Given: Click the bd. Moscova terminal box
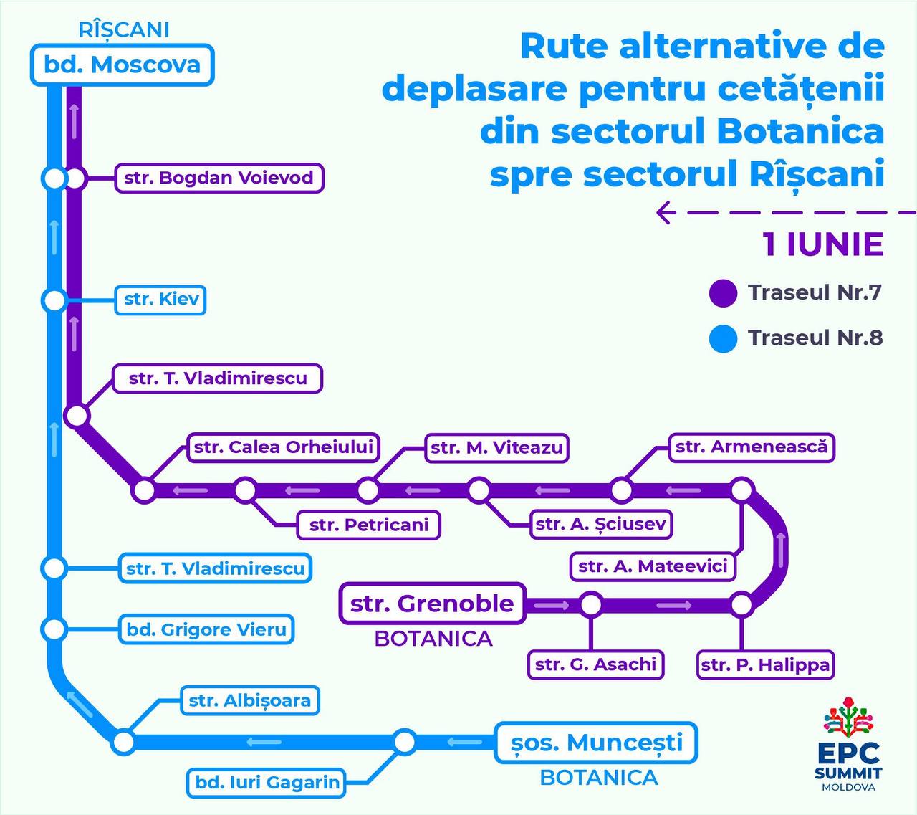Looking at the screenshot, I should tap(122, 65).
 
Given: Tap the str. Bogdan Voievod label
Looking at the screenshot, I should tap(219, 178).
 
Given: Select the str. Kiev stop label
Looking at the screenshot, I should tap(161, 299).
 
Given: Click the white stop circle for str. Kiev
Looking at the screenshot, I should tap(54, 300).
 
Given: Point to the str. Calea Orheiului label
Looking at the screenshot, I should tap(284, 447).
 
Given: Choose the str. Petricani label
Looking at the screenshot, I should tap(369, 525).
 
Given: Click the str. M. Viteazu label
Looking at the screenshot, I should tap(496, 448).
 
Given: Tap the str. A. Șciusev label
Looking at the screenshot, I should tap(601, 524).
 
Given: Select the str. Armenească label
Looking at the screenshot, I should tap(752, 447).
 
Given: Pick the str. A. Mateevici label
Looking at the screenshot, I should tap(653, 566).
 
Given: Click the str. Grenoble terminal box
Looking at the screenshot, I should tap(432, 604).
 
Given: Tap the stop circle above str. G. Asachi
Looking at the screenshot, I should tap(591, 604).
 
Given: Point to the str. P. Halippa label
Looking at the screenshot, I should tap(765, 664).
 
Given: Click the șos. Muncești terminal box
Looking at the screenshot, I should tap(596, 743).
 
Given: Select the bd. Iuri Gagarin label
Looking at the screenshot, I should tap(267, 782).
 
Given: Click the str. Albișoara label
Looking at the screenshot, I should tap(249, 700).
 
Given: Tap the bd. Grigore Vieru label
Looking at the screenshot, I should tap(207, 630).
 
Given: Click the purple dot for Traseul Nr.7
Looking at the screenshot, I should tap(723, 293).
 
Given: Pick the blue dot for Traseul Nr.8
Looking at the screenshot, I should tap(723, 338).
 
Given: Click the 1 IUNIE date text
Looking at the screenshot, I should tap(822, 244).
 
